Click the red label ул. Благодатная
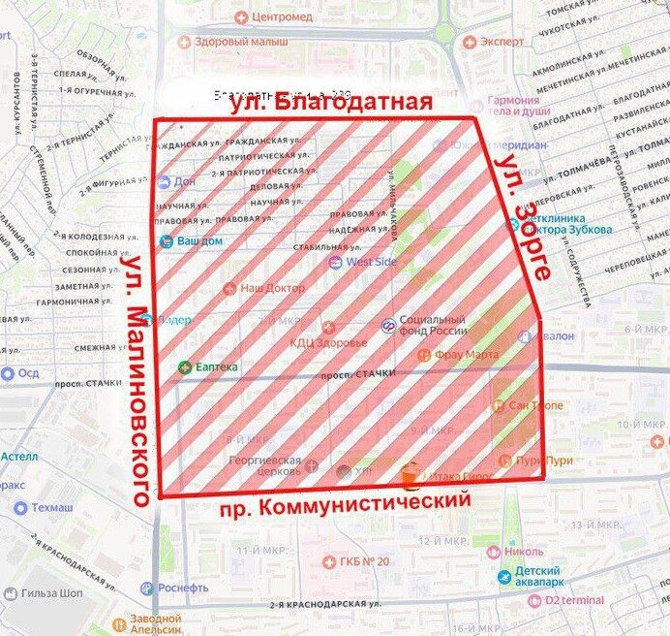tap(328, 104)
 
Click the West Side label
tap(370, 262)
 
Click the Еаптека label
tap(215, 366)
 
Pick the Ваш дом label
tap(198, 240)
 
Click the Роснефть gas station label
tap(182, 588)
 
